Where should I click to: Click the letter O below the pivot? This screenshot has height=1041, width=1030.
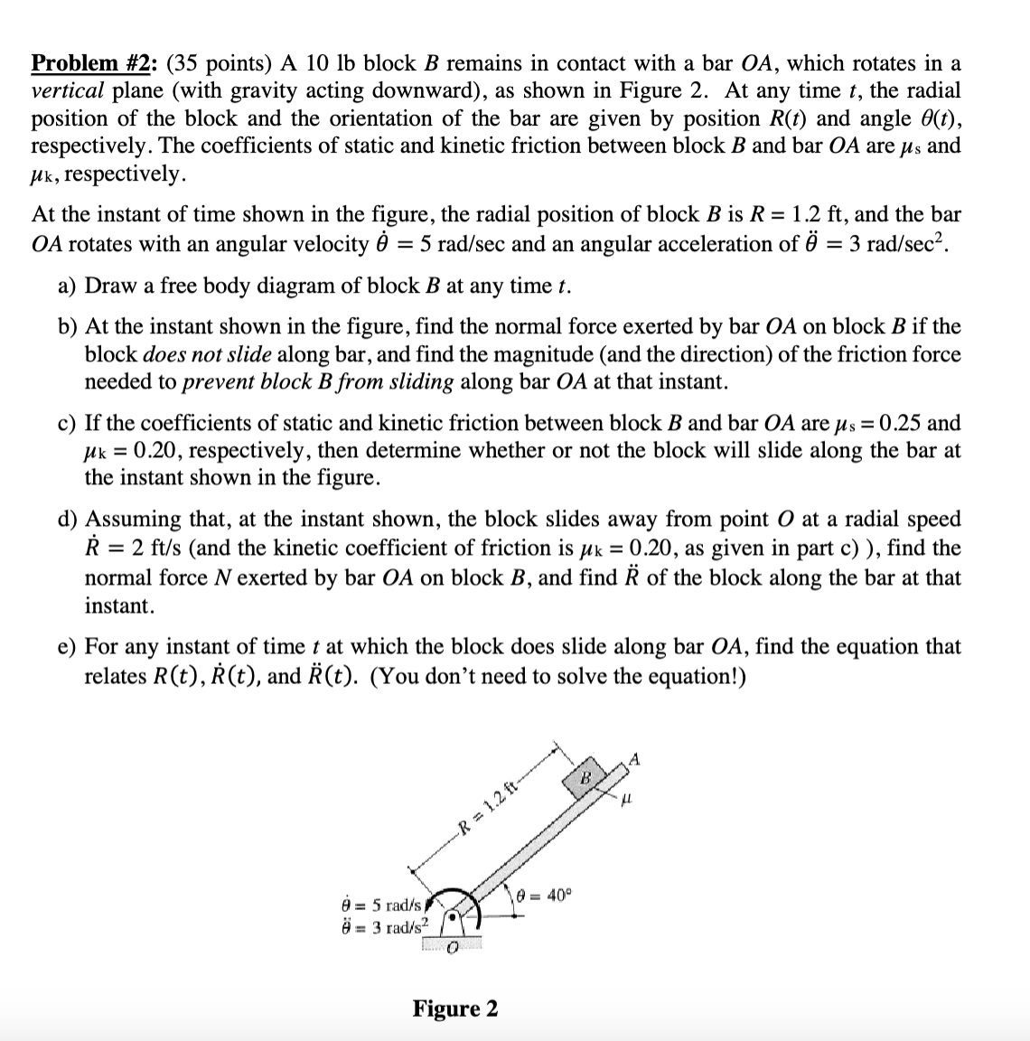[x=452, y=946]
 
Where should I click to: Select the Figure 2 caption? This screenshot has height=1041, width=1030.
[x=454, y=1008]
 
